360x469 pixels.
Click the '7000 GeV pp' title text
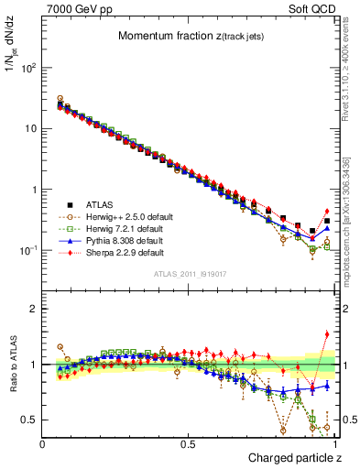73,9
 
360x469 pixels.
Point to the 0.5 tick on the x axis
189,442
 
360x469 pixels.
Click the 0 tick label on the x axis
43,442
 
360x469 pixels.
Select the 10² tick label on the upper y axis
27,68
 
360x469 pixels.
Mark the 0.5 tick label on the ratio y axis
29,420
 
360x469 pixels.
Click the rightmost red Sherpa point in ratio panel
327,334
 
